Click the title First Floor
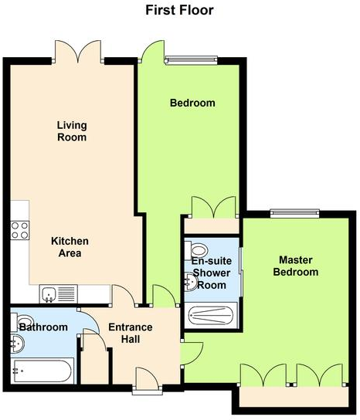(x=179, y=10)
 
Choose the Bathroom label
(x=43, y=327)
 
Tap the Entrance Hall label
(x=130, y=334)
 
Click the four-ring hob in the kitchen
(x=19, y=229)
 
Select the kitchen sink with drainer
(x=59, y=294)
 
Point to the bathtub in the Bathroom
(x=42, y=371)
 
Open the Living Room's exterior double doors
(x=79, y=52)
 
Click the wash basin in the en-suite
(x=191, y=283)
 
